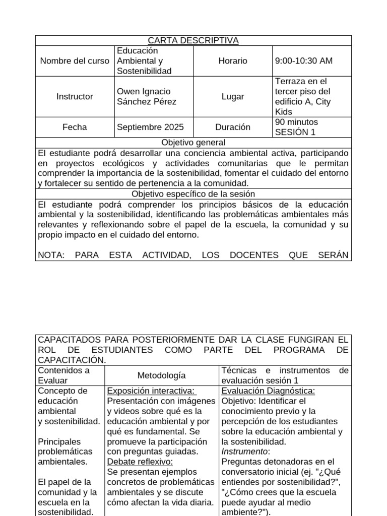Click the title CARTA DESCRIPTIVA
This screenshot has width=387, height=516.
tap(193, 40)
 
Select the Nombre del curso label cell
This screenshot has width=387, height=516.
tap(75, 61)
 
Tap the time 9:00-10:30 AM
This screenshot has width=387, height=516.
tap(304, 61)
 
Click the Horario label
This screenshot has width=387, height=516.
tap(233, 61)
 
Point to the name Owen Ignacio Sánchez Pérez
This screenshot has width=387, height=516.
tap(147, 97)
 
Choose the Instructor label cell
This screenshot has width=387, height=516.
tap(75, 97)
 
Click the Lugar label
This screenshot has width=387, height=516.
tap(233, 97)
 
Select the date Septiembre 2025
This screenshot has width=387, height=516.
tap(150, 127)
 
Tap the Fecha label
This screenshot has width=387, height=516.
tap(75, 127)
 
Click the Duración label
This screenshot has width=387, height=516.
tap(233, 127)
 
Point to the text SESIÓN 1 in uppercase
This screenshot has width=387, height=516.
tap(295, 133)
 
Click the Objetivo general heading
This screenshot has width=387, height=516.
tap(193, 143)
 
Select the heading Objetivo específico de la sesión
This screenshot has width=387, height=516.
tap(193, 194)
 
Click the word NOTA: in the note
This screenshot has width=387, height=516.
tap(51, 255)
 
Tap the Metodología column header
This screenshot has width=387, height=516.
tap(161, 375)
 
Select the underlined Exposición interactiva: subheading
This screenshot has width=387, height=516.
tap(151, 391)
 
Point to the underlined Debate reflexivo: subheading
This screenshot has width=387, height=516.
tap(140, 462)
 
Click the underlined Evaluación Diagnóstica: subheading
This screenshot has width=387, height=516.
tap(268, 391)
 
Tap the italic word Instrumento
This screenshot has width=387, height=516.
tap(245, 452)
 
